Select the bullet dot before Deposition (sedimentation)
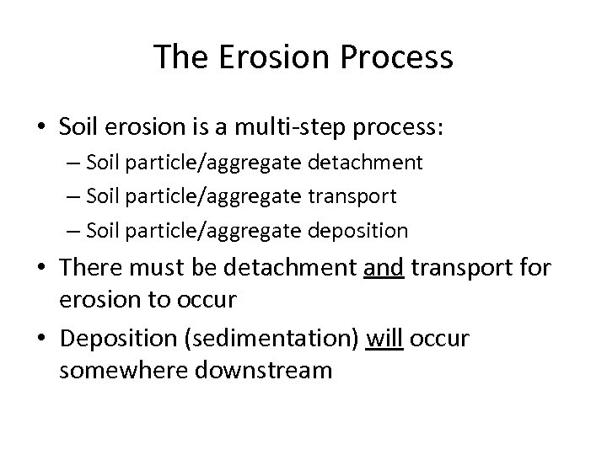(x=40, y=339)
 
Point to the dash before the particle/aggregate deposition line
(x=75, y=229)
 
